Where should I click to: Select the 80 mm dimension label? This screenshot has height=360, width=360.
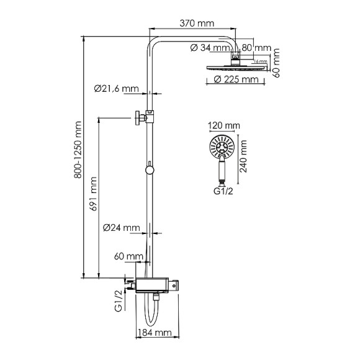256,47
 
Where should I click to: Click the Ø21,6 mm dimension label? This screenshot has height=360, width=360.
117,89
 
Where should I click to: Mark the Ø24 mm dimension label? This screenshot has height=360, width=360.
121,228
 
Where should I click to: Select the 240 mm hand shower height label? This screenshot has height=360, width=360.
243,156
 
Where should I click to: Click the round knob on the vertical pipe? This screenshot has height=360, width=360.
149,169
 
